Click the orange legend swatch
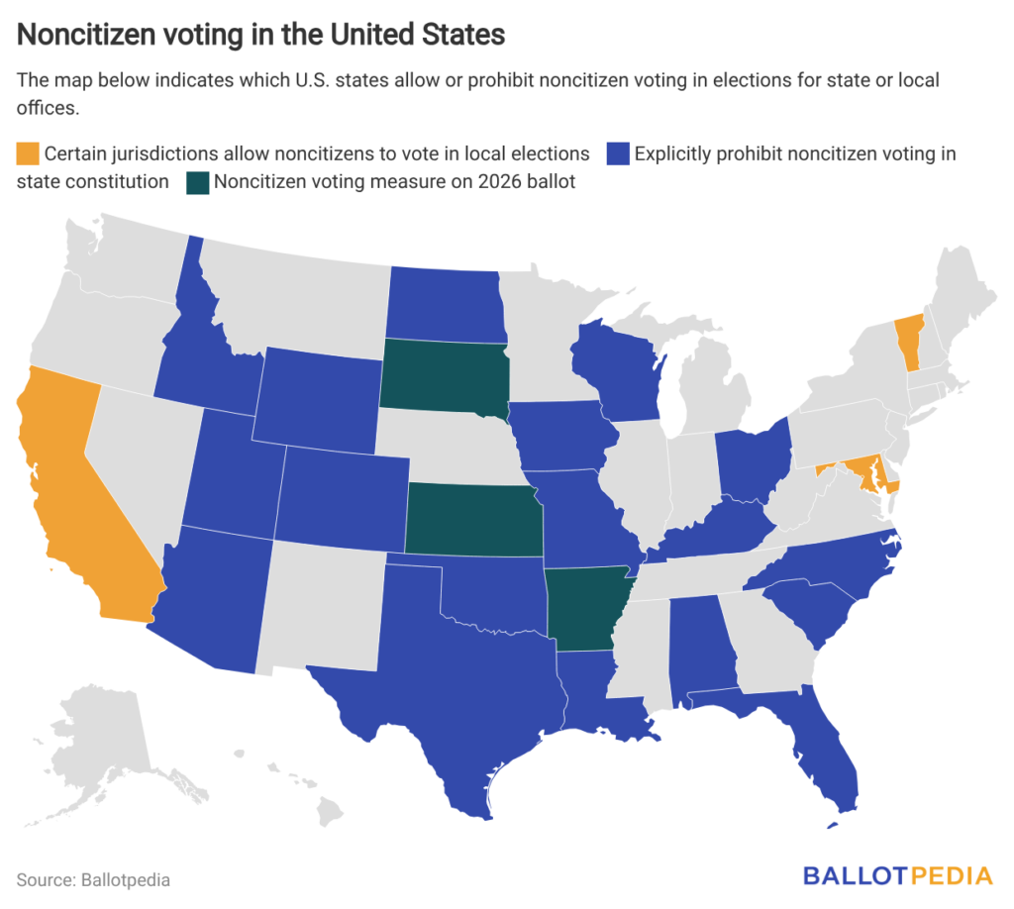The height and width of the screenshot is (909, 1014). (29, 154)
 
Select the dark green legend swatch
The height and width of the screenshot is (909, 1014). (198, 182)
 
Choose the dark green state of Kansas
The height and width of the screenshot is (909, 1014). (473, 520)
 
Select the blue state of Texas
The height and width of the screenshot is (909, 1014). (446, 683)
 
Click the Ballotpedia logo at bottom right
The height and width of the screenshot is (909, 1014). (897, 875)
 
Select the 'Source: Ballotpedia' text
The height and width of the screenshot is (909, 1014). (93, 879)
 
